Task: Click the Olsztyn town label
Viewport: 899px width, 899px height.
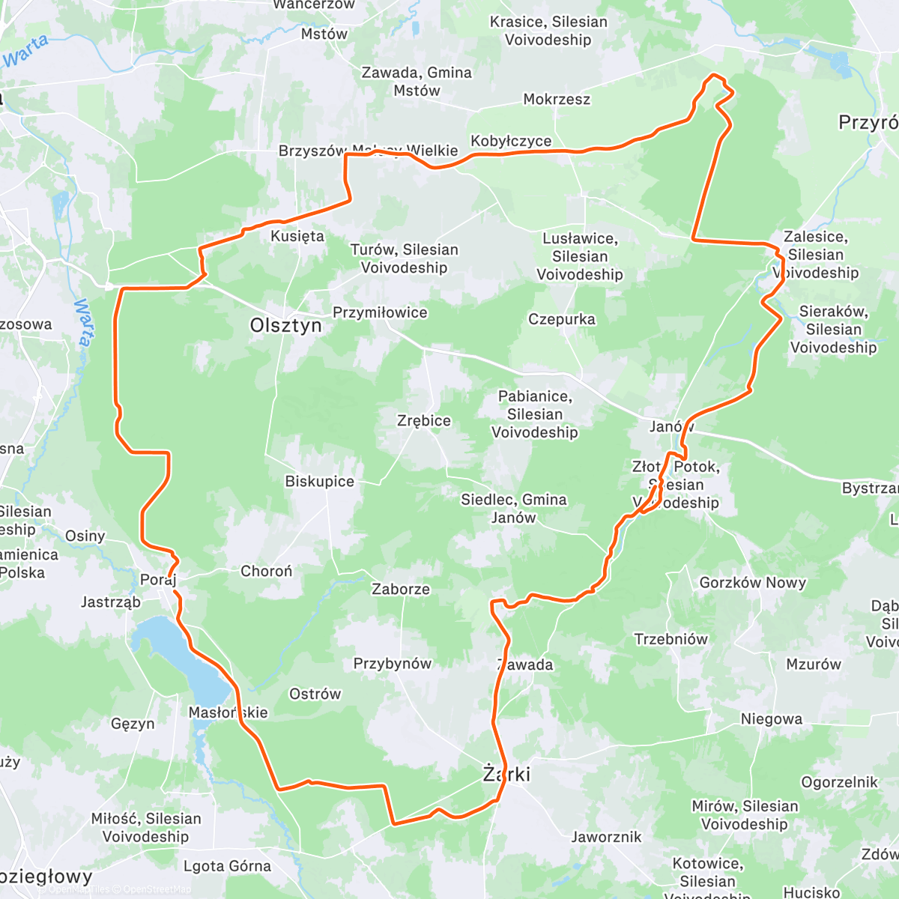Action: [286, 325]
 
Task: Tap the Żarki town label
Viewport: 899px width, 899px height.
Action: [506, 774]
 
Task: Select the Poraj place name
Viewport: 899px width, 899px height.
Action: [157, 580]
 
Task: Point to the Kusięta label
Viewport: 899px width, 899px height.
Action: [297, 236]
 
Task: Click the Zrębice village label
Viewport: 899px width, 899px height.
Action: [424, 420]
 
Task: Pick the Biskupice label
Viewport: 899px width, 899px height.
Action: [319, 481]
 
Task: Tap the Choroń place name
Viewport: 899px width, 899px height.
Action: [266, 571]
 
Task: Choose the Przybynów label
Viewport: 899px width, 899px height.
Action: [392, 663]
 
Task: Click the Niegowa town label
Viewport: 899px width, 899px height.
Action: [771, 719]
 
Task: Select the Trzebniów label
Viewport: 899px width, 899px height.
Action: [671, 639]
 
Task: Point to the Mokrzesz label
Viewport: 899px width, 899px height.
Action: [557, 99]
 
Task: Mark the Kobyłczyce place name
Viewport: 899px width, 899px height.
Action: [511, 141]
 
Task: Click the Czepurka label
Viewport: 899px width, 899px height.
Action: [562, 319]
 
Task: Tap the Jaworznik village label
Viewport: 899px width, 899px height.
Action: [606, 837]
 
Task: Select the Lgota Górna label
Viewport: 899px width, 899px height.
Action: [227, 866]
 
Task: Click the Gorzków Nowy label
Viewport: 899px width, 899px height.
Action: [752, 582]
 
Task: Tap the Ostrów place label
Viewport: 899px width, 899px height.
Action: [315, 694]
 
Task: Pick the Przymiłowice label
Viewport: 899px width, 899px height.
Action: [380, 312]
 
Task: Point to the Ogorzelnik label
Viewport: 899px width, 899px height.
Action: [839, 782]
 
